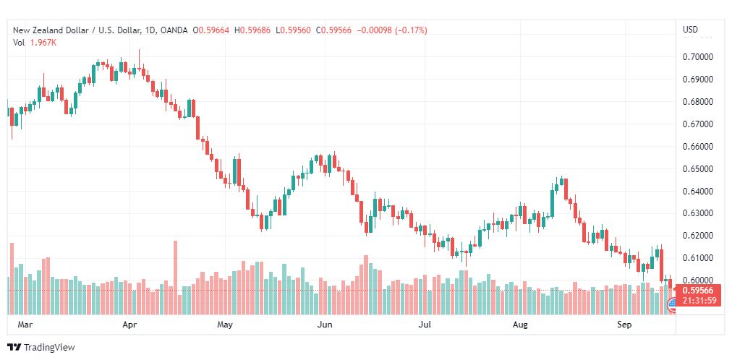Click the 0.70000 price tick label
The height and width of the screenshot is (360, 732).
[x=698, y=56]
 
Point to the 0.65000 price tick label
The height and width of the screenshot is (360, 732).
[x=698, y=168]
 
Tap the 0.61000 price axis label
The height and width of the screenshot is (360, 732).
[x=698, y=258]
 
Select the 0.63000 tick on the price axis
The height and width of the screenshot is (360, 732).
[x=698, y=213]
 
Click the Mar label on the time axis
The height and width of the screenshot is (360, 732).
[x=25, y=325]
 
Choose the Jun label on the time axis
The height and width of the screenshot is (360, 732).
[x=325, y=325]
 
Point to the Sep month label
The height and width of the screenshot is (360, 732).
[x=626, y=325]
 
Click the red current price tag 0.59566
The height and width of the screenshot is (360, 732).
[x=697, y=291]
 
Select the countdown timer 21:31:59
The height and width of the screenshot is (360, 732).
[x=697, y=301]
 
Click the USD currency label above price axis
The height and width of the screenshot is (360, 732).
[x=690, y=30]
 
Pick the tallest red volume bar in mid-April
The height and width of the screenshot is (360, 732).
[x=174, y=278]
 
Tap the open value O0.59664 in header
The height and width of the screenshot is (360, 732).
[x=211, y=30]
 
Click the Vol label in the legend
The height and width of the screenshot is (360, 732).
[x=19, y=42]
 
